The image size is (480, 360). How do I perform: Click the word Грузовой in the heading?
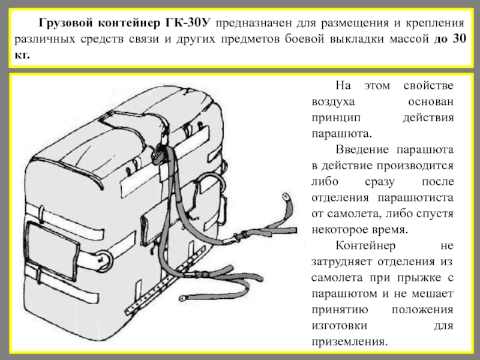(x=64, y=23)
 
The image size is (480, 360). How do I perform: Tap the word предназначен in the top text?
(x=256, y=23)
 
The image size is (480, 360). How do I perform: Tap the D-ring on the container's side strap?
(x=104, y=259)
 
